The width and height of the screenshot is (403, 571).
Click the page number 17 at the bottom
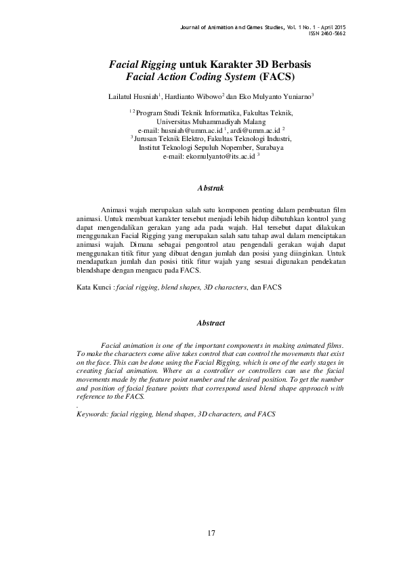point(211,534)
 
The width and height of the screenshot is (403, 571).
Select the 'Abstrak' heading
point(209,186)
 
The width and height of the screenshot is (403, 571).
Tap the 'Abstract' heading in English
point(211,323)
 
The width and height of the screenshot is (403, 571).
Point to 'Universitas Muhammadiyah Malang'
point(211,121)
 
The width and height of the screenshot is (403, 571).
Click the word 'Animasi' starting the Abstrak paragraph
point(113,211)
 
